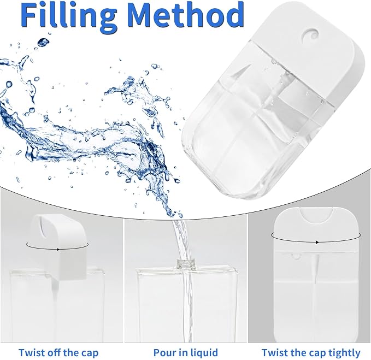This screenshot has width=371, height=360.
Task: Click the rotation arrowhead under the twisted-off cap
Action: (x=58, y=249)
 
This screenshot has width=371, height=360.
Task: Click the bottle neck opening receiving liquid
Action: (x=186, y=263)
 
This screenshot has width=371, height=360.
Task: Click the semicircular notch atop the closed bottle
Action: (x=316, y=215)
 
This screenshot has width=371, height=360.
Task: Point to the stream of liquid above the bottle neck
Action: (x=182, y=239)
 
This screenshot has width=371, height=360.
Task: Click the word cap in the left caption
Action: (x=89, y=353)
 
